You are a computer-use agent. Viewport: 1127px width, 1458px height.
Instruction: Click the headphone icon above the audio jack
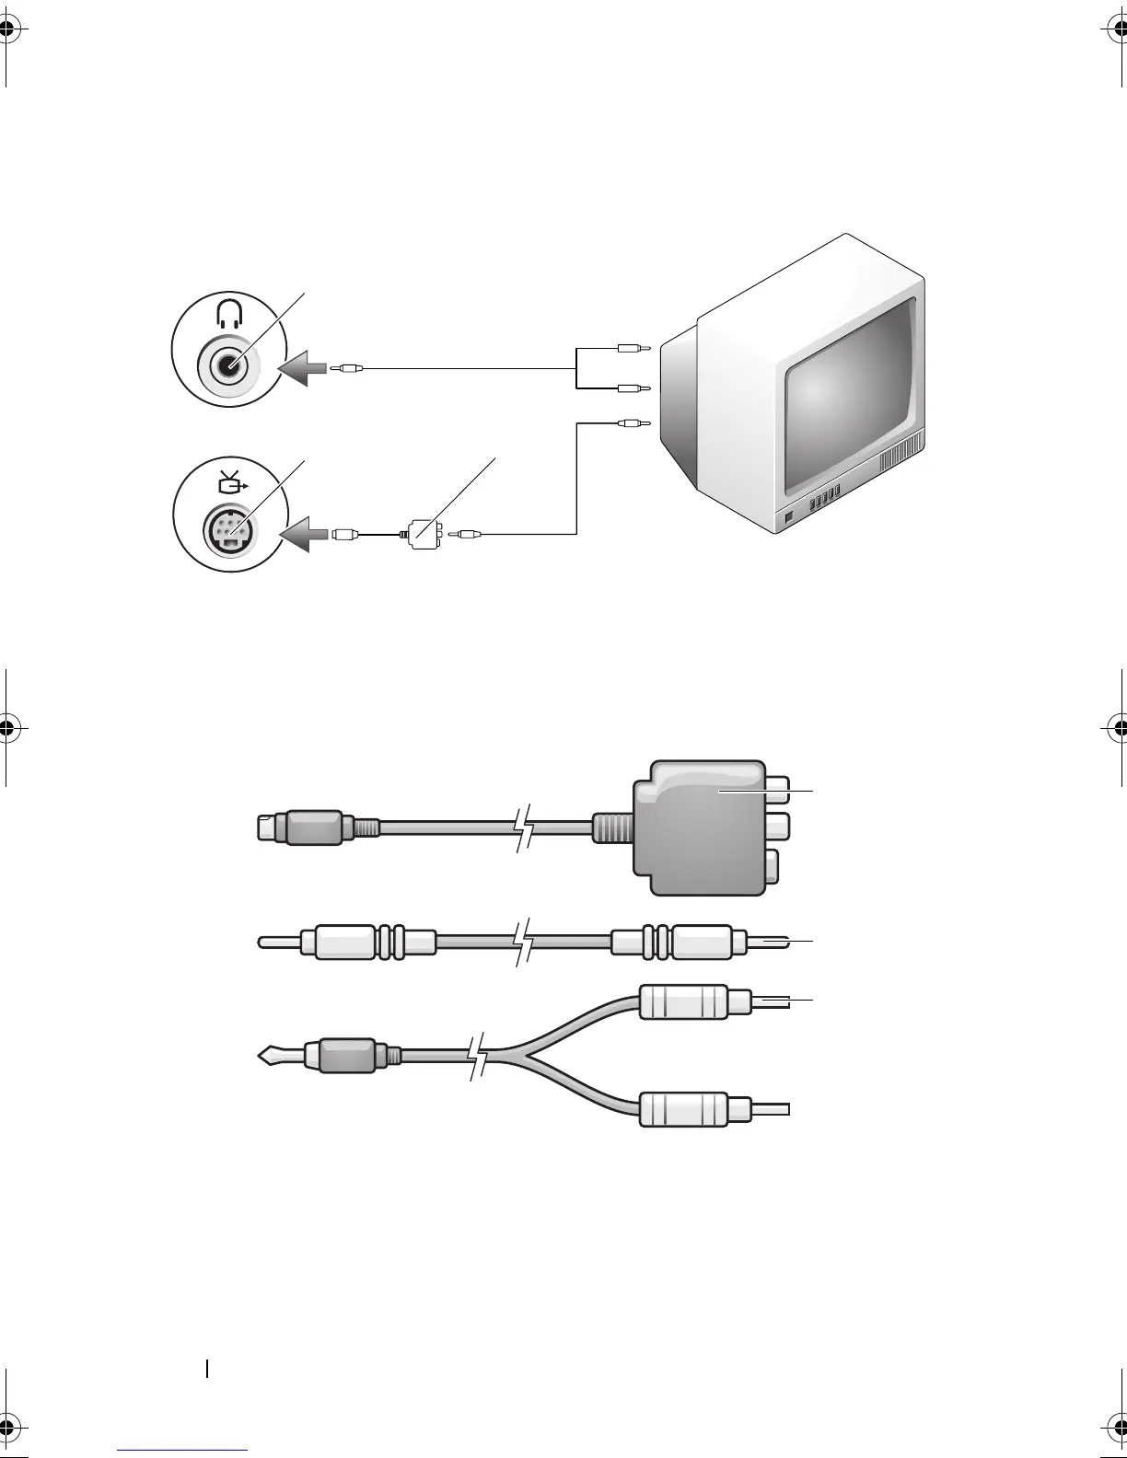pyautogui.click(x=227, y=316)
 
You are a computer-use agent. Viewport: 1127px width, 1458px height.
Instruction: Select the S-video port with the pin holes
pyautogui.click(x=227, y=531)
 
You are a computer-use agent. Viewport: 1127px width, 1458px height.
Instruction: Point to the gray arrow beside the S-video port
pyautogui.click(x=304, y=533)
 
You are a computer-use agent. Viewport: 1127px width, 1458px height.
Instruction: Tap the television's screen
pyautogui.click(x=853, y=405)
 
